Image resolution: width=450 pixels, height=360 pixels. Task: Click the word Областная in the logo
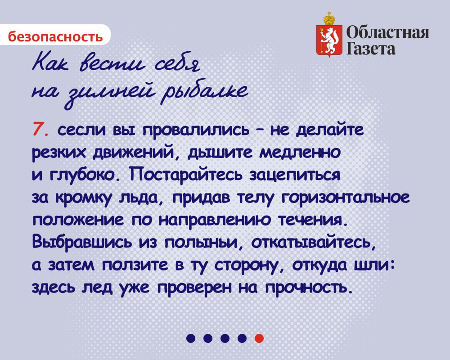point(388,32)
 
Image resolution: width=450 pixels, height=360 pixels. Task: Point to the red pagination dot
point(259,338)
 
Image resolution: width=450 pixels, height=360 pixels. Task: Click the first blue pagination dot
point(191,338)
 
